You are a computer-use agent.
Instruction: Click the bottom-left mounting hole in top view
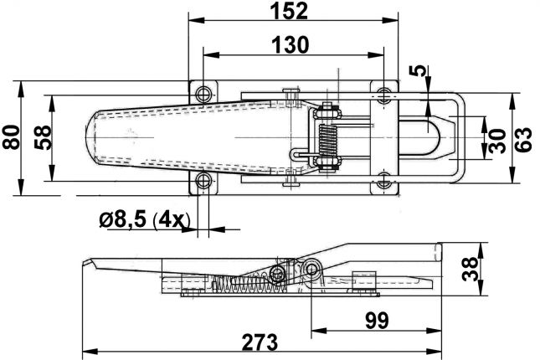204,182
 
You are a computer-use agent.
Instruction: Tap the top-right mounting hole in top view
384,93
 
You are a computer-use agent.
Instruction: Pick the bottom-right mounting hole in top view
384,180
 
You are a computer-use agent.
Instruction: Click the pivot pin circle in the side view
314,269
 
